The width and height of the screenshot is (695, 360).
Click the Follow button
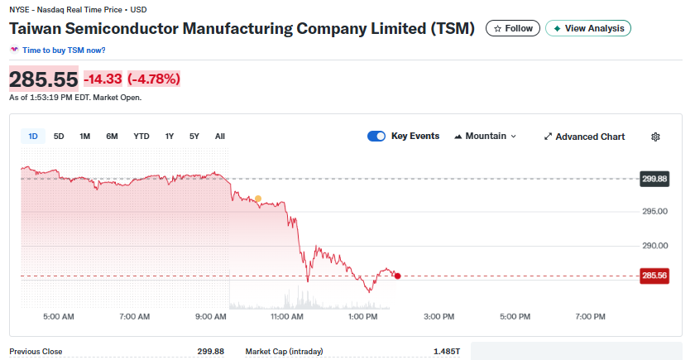pos(513,28)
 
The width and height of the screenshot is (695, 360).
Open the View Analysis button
pos(588,28)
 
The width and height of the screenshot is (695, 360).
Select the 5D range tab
pos(59,137)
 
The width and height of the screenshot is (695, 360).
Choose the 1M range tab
pos(84,137)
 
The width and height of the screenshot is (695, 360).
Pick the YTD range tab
pos(141,137)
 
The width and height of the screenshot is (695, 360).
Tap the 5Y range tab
pos(194,137)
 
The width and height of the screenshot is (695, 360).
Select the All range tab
pos(219,137)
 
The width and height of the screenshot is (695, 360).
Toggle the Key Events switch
pos(376,137)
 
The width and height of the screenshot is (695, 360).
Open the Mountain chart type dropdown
pos(486,137)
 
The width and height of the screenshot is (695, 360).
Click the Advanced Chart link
pos(584,137)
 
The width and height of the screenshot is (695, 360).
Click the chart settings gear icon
pos(656,137)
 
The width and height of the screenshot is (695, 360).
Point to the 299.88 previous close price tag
pos(654,179)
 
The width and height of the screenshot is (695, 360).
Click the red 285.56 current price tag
pos(654,276)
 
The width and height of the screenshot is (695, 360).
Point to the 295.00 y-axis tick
pos(654,212)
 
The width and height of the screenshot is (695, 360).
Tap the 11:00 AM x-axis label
pos(286,316)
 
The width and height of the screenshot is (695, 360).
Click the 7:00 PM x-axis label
pos(590,316)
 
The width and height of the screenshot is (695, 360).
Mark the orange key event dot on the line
pos(258,199)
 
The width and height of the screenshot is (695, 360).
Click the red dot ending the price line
pos(398,276)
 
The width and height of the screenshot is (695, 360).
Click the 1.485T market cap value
pos(447,352)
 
